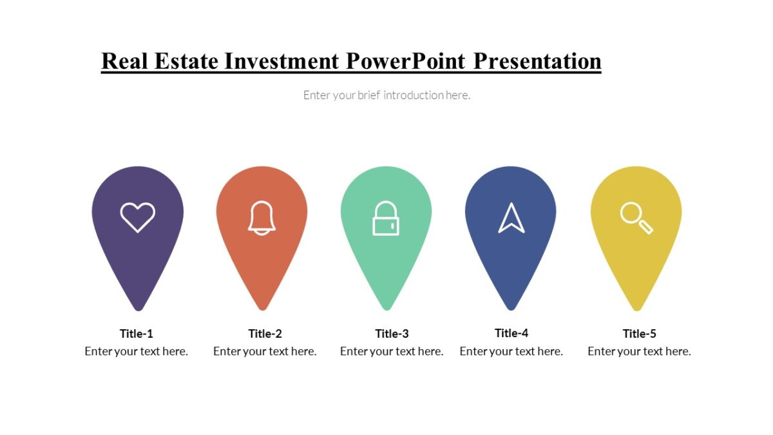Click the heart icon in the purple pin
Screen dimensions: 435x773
point(138,217)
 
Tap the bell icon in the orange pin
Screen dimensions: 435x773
point(262,218)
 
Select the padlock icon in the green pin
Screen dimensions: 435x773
point(386,218)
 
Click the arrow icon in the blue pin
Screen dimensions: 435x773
point(511,218)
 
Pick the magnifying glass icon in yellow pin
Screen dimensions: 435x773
point(636,218)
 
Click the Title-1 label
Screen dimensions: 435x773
point(137,334)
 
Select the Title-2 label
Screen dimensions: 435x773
point(265,334)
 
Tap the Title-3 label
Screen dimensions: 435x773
point(392,334)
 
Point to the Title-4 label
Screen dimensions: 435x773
point(511,333)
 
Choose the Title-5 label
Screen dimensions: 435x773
point(640,334)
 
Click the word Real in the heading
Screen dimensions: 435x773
point(125,61)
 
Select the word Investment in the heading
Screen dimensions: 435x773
point(282,61)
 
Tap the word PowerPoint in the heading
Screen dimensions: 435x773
point(406,61)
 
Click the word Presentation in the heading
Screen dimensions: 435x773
point(537,61)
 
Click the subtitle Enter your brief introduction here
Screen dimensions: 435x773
point(386,95)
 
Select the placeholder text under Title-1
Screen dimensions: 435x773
point(137,351)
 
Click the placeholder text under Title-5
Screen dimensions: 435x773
point(639,351)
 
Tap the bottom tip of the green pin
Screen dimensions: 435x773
point(386,308)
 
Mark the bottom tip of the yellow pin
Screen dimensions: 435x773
point(636,308)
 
